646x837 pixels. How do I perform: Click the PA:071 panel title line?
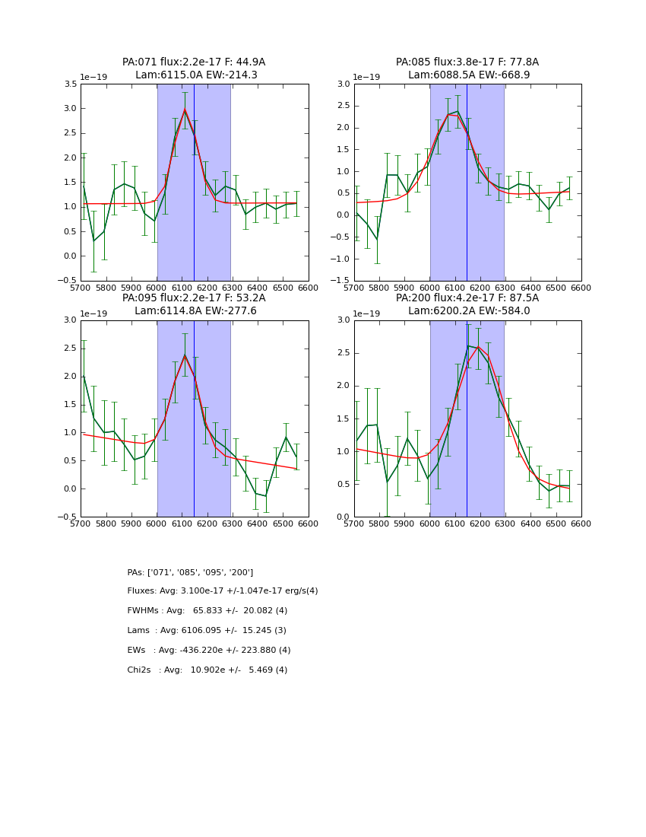tap(194, 62)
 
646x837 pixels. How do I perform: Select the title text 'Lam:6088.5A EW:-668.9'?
tap(467, 75)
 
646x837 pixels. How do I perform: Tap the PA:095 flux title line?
tap(194, 298)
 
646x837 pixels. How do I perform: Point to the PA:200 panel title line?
tap(467, 298)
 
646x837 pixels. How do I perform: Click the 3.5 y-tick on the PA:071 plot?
tap(69, 84)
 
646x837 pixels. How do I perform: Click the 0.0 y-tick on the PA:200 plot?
tap(343, 517)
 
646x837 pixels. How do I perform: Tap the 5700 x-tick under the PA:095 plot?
tap(81, 524)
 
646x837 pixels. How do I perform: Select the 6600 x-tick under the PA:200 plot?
tap(581, 524)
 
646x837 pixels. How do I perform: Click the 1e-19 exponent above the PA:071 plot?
tap(94, 78)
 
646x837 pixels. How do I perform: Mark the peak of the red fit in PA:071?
tap(184, 110)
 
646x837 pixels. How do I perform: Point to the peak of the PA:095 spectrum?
tap(184, 355)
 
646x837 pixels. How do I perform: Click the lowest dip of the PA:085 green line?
tap(377, 240)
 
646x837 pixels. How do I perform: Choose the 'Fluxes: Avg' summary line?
tap(223, 591)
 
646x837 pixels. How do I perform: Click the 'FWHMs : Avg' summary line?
tap(207, 611)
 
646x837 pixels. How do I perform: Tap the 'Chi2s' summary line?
tap(207, 670)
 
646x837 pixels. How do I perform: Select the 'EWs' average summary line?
tap(209, 651)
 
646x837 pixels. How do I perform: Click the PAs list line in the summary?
tap(190, 572)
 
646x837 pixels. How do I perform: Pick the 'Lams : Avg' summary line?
tap(207, 631)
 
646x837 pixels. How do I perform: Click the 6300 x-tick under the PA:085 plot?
tap(505, 288)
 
